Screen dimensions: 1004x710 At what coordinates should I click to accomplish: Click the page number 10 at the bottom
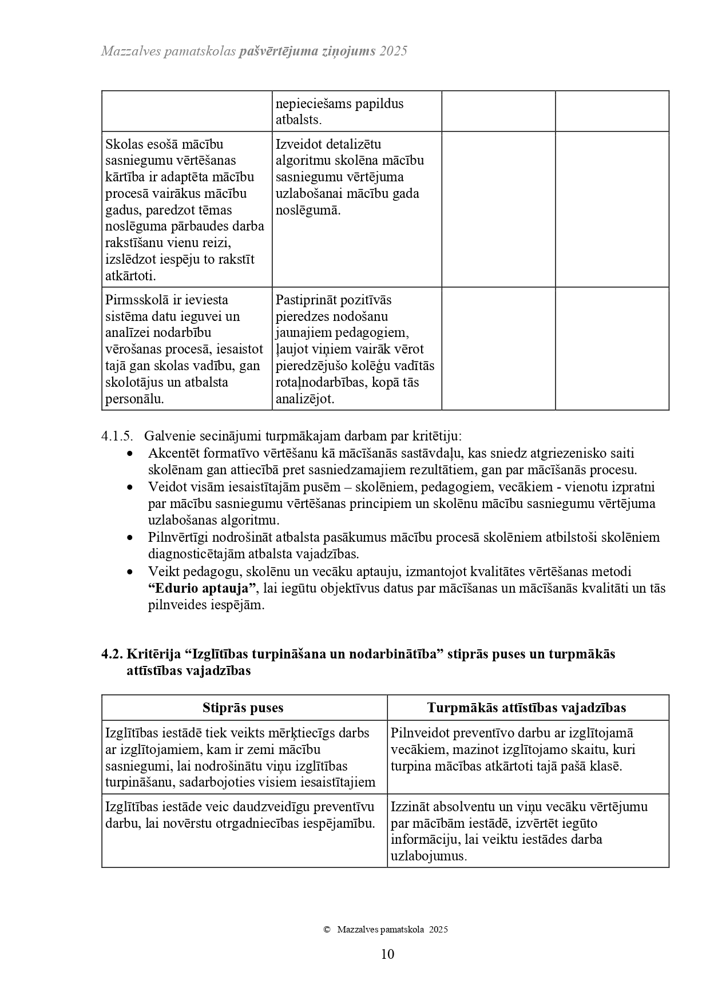[x=387, y=954]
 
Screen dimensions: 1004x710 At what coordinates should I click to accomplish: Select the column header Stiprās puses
[x=243, y=708]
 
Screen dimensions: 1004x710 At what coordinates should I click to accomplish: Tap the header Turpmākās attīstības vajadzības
[x=526, y=708]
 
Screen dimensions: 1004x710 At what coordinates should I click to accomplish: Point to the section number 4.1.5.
[x=117, y=436]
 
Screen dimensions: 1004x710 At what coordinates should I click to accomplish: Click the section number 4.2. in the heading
[x=112, y=654]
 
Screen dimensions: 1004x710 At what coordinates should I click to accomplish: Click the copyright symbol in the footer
[x=327, y=930]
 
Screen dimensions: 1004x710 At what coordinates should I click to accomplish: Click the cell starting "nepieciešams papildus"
[x=339, y=112]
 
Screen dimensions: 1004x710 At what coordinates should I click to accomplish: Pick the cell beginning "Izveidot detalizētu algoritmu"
[x=349, y=177]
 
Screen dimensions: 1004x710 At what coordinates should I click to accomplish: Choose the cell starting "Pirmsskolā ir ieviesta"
[x=184, y=349]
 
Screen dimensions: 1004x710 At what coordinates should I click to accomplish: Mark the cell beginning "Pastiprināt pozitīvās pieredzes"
[x=355, y=349]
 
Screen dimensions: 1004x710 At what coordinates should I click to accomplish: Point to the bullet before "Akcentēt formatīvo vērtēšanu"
[x=131, y=454]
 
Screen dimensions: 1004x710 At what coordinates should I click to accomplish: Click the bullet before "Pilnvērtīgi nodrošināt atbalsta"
[x=131, y=538]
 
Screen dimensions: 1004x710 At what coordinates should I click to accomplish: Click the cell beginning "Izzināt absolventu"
[x=519, y=831]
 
